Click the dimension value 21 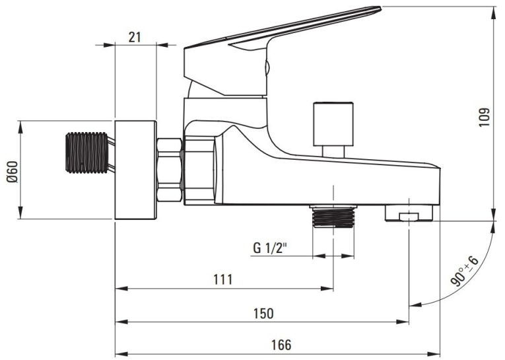pos(135,37)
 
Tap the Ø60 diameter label pos(13,171)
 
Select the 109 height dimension pos(484,118)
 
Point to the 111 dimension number pos(223,279)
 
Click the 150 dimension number pos(263,313)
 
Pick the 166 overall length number pos(281,345)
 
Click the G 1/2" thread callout pos(270,248)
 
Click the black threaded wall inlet pos(87,152)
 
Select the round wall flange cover pos(135,170)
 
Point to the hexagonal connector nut pos(170,170)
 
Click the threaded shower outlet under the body pos(333,216)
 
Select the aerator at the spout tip pos(409,213)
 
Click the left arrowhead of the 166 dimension pos(121,353)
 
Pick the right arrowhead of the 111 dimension pos(327,289)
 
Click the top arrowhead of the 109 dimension pos(494,13)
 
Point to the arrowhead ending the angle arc pos(415,305)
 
